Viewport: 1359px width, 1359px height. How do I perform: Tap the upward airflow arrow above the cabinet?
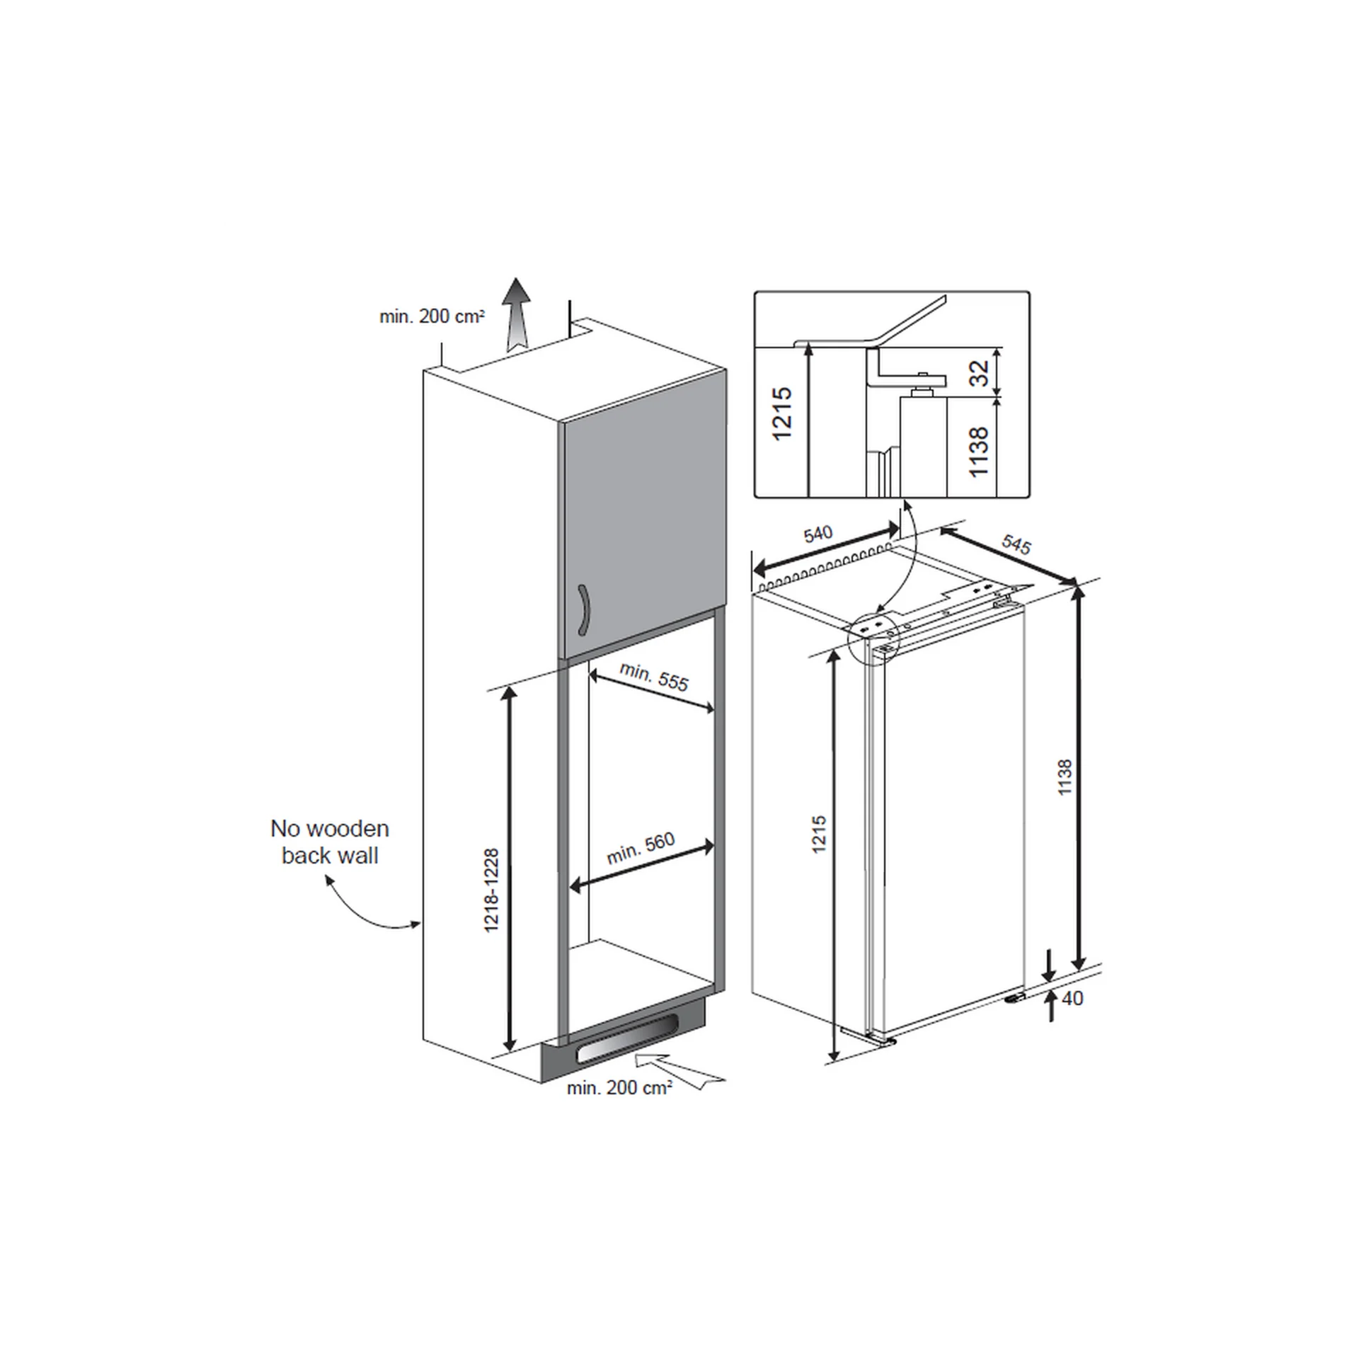point(517,314)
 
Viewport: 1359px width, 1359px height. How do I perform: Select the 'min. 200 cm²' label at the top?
point(432,316)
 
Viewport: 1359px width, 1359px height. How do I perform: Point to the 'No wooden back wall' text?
point(330,842)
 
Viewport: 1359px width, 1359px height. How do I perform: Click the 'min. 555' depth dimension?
point(653,676)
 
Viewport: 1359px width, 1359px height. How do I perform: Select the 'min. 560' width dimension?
point(641,849)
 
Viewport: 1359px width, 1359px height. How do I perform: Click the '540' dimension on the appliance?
point(818,533)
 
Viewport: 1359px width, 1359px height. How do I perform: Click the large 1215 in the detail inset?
point(782,414)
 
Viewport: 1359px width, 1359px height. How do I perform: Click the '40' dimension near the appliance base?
point(1073,998)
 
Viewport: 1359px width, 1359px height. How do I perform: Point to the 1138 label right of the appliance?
point(1065,777)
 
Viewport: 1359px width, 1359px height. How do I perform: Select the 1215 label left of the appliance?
point(819,834)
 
